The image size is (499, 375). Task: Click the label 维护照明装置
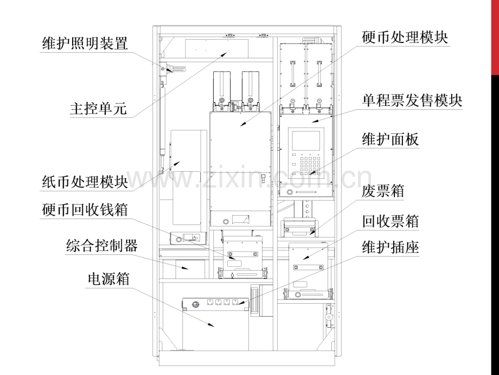coord(85,43)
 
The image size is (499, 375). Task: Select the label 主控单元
coord(98,109)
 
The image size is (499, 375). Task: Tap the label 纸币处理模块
coord(85,182)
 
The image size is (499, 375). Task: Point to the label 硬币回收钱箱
coord(85,210)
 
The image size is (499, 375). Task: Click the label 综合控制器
coord(102,246)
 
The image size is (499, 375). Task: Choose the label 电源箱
coord(109,279)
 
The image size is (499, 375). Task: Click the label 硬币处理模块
coord(405,37)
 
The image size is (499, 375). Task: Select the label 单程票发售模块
coord(412,101)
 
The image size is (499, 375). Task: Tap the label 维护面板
coord(391,139)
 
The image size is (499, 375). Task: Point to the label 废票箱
coord(383,191)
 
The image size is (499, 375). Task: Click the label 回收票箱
coord(391,221)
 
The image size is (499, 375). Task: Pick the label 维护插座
coord(391,247)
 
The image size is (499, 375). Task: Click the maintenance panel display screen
coord(306,141)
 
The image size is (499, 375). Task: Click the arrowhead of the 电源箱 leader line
coord(212,325)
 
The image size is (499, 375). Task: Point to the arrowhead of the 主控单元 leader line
coord(225,54)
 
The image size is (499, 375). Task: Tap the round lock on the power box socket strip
coord(195,304)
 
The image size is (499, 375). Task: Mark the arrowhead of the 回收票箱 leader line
coord(305,258)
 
